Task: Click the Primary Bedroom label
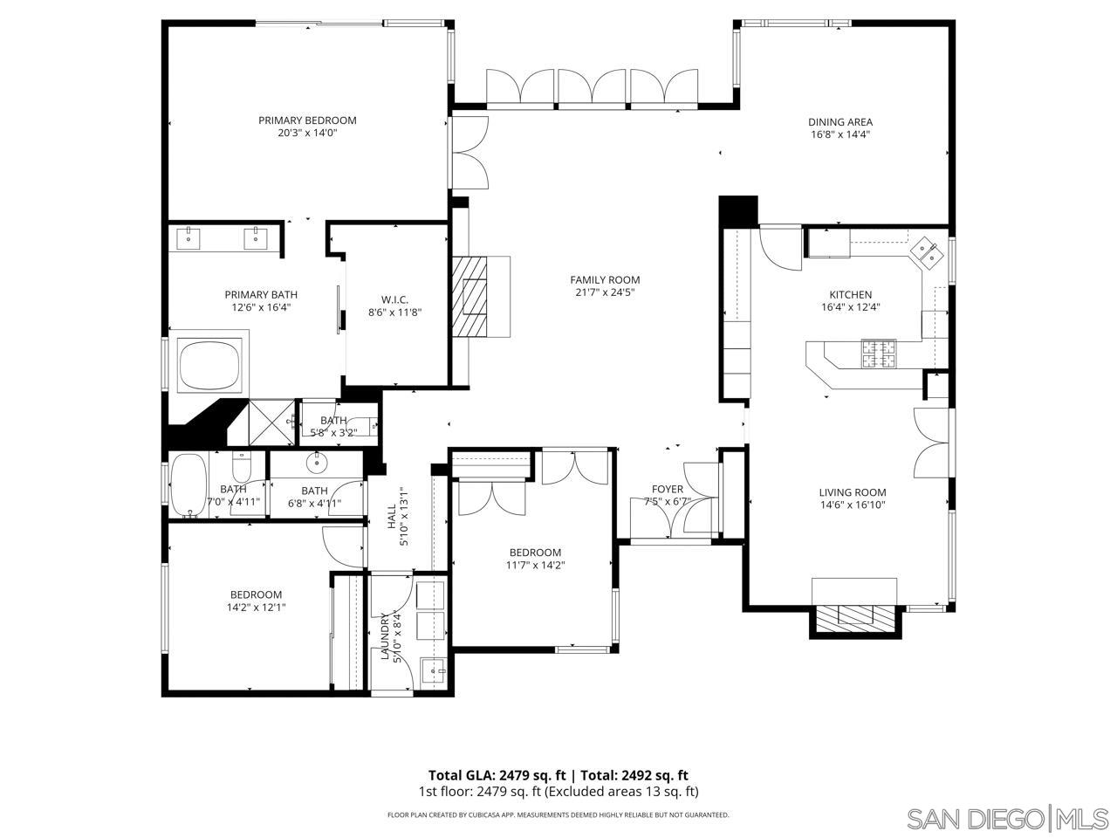(x=307, y=120)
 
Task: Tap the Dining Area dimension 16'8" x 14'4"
(x=839, y=134)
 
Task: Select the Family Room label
(x=605, y=279)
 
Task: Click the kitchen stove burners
(x=879, y=354)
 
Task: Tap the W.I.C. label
(x=394, y=299)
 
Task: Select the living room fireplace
(x=855, y=615)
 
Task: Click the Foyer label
(x=668, y=489)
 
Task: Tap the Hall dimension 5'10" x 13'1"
(x=403, y=517)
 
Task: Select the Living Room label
(x=853, y=492)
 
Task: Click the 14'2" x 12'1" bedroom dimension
(x=257, y=608)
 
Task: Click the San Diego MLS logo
(x=1007, y=819)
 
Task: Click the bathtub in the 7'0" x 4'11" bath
(x=188, y=485)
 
